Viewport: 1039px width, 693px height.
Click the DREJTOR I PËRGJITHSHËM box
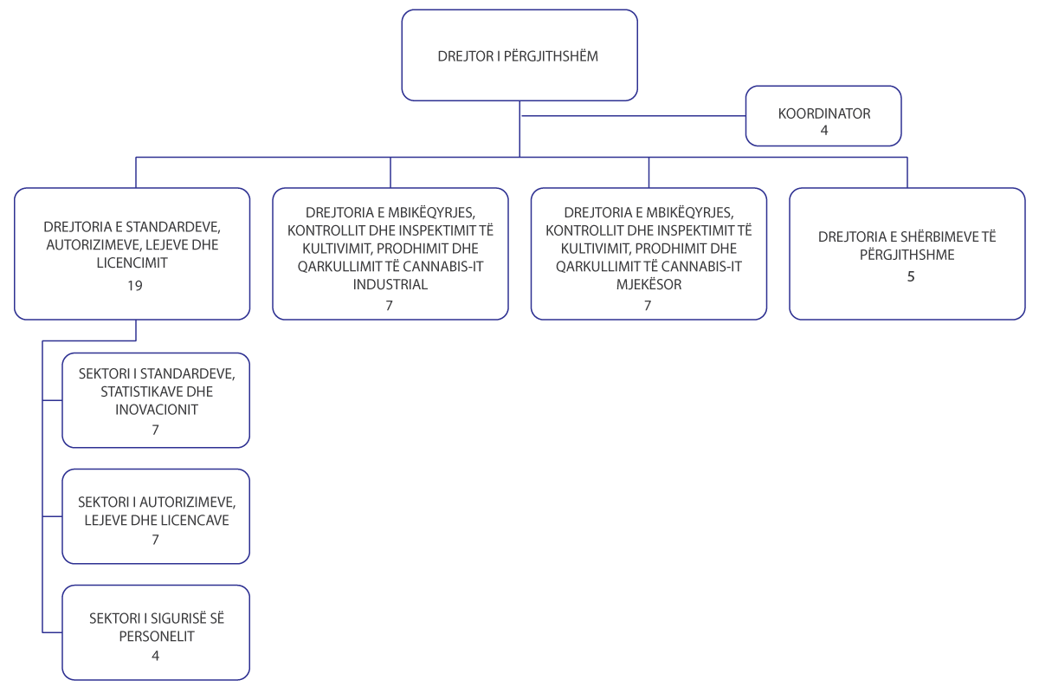tap(519, 55)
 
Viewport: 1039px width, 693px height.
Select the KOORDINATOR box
tap(823, 116)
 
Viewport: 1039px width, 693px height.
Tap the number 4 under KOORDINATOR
tap(824, 131)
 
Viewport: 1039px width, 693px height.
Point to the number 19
tap(135, 286)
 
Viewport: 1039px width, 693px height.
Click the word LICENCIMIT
tap(132, 262)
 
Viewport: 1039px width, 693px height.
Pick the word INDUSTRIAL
tap(390, 284)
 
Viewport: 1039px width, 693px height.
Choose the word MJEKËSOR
tap(649, 284)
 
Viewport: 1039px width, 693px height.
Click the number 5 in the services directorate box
tap(911, 276)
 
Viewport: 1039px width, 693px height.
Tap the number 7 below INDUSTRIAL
tap(389, 306)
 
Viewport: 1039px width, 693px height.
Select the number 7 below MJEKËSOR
tap(648, 306)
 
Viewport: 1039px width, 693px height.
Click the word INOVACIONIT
tap(157, 410)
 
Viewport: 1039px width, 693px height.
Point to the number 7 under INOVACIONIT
tap(155, 430)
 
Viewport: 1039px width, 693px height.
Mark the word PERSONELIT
tap(157, 636)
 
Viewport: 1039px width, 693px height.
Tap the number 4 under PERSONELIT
tap(155, 656)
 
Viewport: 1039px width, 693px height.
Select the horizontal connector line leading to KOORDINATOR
tap(634, 115)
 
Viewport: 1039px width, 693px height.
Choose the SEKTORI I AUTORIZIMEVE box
tap(156, 516)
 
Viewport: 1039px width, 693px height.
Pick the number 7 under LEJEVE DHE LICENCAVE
tap(155, 540)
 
